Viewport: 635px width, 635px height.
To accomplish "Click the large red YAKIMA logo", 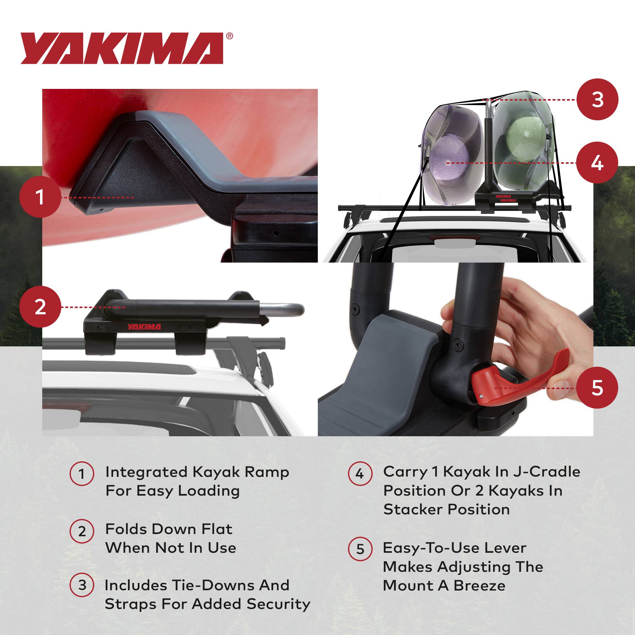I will (122, 48).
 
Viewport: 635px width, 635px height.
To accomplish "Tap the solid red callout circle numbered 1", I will (40, 197).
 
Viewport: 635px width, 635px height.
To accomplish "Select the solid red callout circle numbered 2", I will (40, 307).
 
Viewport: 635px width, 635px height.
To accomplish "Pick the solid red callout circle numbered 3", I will (597, 99).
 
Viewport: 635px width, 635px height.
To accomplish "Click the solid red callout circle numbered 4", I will (597, 163).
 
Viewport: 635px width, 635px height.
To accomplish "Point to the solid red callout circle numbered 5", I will (597, 388).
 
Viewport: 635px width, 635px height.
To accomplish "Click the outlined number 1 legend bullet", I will (82, 474).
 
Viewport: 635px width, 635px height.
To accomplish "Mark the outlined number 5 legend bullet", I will (360, 549).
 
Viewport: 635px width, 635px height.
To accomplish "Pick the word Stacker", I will (412, 510).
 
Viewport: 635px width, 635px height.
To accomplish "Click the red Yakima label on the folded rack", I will (144, 327).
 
